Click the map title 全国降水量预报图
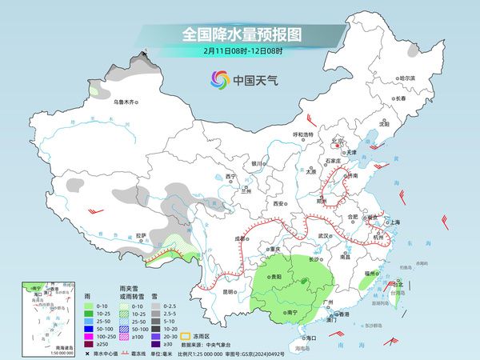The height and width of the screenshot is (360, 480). (240, 34)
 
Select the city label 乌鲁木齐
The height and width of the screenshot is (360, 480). (126, 102)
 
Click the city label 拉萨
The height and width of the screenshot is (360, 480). (142, 235)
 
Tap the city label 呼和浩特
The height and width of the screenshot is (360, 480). (305, 134)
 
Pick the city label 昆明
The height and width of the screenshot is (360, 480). (229, 291)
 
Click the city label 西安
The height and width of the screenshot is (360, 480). (278, 204)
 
